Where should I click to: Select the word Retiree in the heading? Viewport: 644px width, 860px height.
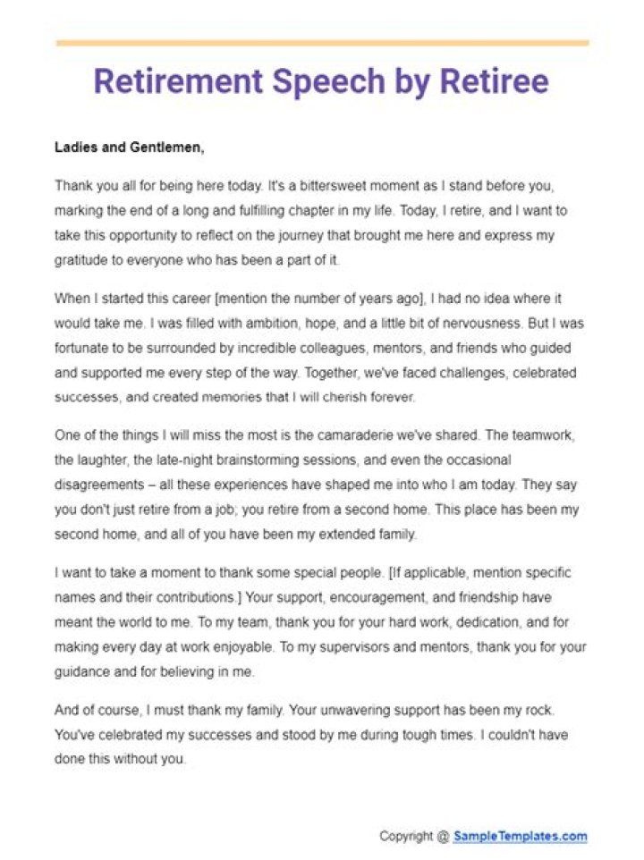[493, 82]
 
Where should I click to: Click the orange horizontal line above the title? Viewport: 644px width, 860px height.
[322, 42]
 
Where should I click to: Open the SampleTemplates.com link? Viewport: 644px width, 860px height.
[520, 837]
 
